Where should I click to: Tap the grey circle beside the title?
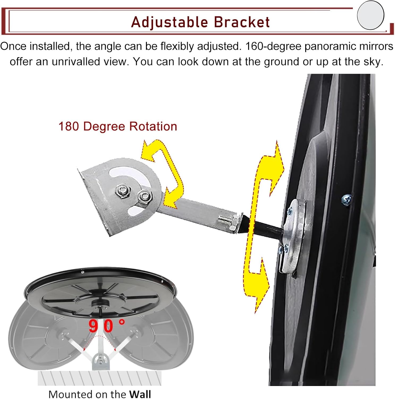tap(371, 15)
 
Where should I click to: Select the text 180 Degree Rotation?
tap(118, 126)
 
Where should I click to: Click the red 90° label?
tap(106, 326)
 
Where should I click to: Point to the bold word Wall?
tap(140, 394)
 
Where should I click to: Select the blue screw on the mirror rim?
tap(346, 199)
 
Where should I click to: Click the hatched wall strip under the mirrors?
tap(100, 378)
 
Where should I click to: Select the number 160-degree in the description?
tap(273, 47)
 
